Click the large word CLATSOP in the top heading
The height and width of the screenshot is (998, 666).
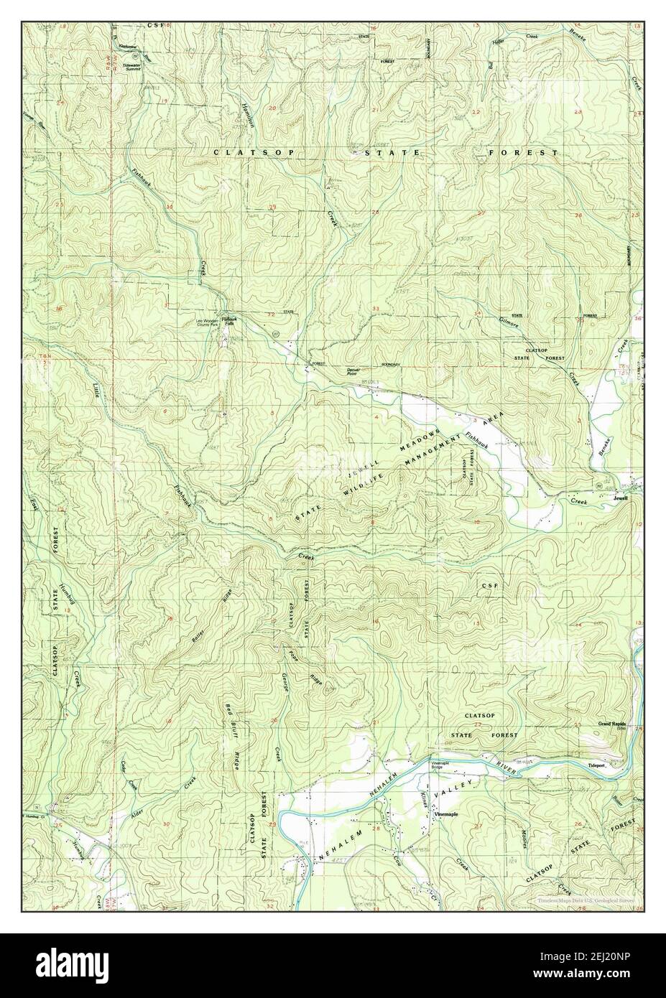(x=249, y=153)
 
